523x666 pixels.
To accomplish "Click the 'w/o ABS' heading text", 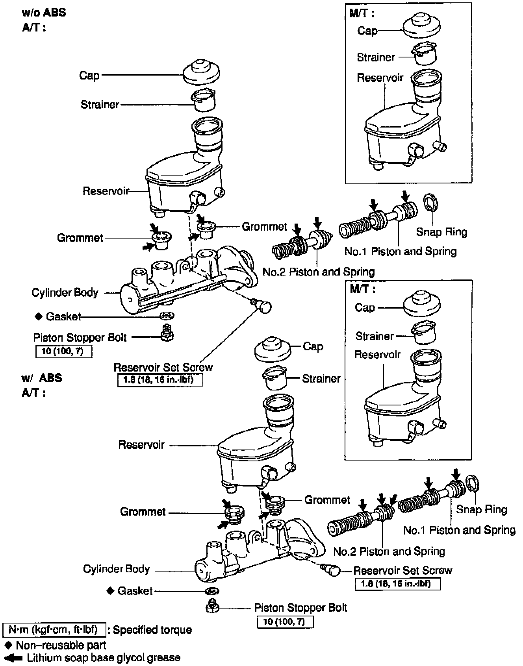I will (44, 13).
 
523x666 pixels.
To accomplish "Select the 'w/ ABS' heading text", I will (41, 378).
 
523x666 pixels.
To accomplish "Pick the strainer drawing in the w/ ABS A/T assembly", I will (275, 378).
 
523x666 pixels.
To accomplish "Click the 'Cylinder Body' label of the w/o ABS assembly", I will (65, 292).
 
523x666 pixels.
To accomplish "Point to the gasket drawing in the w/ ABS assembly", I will (212, 591).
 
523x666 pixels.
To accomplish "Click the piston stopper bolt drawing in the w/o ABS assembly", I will (167, 333).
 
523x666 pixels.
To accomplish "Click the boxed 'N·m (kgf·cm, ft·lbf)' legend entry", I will (54, 630).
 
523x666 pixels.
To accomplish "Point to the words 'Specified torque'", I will (152, 630).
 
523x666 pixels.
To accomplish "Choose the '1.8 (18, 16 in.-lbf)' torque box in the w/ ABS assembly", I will (398, 584).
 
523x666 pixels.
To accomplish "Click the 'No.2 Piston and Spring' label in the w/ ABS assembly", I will (389, 551).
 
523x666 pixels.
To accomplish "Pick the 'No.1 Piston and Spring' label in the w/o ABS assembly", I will (401, 252).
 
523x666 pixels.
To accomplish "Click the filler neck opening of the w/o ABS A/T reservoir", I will (207, 126).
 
